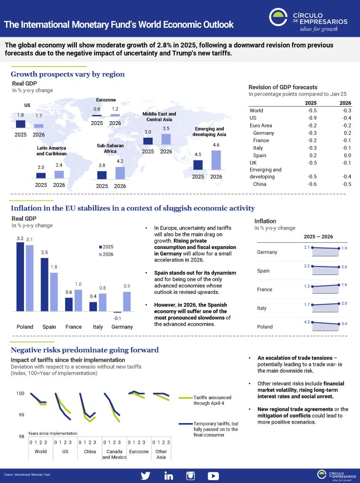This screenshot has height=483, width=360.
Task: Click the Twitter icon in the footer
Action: (x=146, y=475)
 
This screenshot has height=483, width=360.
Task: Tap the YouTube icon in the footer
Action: (x=213, y=475)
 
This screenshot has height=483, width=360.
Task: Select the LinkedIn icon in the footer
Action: (x=168, y=475)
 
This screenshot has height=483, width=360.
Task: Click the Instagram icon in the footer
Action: (x=190, y=475)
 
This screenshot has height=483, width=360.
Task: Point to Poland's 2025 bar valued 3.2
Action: (x=20, y=277)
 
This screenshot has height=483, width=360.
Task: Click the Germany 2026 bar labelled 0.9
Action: (x=127, y=302)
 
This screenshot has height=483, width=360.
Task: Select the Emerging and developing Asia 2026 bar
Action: (x=216, y=160)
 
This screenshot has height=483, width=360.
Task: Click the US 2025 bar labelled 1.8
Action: (x=20, y=124)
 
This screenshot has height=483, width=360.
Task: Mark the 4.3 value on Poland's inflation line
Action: (x=306, y=322)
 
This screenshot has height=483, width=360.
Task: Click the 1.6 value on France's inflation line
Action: (x=344, y=284)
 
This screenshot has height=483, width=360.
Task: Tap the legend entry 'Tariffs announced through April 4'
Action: (x=213, y=400)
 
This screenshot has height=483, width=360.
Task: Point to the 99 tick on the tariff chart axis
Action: (x=21, y=415)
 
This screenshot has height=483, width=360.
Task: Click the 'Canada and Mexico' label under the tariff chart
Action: (x=113, y=454)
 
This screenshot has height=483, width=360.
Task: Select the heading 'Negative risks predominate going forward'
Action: (x=84, y=350)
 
